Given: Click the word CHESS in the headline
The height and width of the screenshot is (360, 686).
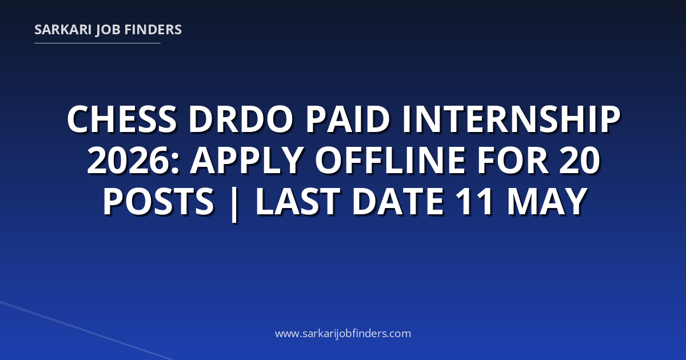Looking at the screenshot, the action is pos(122,119).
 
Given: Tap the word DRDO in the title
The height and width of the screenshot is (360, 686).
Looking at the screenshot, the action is pos(241,119).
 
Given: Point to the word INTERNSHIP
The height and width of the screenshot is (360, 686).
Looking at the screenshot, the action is pos(511,119).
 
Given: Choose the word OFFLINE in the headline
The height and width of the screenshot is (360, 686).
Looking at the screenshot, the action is pos(390,161).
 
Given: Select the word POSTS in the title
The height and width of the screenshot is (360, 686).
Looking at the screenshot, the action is pos(158,201).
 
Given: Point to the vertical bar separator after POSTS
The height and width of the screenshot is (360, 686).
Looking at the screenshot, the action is pos(234,203).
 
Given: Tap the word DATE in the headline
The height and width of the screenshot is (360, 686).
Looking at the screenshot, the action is pos(398,201).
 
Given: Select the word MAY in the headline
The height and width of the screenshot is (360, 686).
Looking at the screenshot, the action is pos(547,201).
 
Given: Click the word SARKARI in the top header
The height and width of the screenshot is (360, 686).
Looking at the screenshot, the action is pos(63,30).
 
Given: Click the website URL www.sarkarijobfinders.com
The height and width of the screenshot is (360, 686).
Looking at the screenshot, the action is pos(343,333).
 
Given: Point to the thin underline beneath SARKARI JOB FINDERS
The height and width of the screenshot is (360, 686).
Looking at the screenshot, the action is pos(97,43).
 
